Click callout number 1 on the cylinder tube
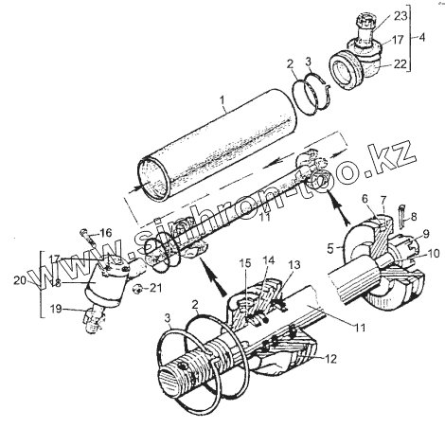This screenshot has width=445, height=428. [x=222, y=101]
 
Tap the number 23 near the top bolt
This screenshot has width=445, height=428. [x=400, y=16]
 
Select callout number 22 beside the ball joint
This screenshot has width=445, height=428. [x=400, y=63]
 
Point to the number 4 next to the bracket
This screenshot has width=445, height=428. [x=421, y=37]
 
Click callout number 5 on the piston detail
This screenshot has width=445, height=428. [x=330, y=249]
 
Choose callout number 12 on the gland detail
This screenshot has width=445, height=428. [x=330, y=359]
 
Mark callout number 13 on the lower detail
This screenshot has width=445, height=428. [x=294, y=264]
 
